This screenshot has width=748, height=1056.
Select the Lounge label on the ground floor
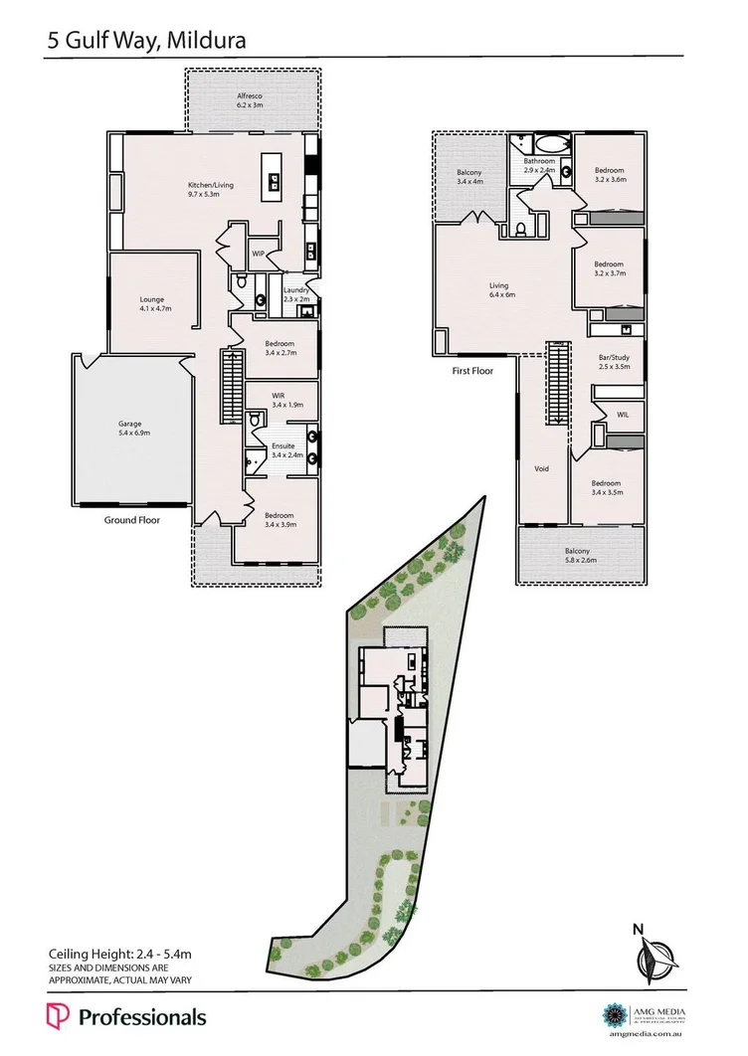tap(152, 299)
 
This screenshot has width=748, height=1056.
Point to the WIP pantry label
tap(258, 255)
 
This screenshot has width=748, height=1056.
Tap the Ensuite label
tap(283, 446)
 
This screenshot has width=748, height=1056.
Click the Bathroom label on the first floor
tap(540, 161)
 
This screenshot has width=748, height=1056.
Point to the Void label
tap(542, 468)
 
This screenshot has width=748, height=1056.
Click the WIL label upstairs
tap(623, 415)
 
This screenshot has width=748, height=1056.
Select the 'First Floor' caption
tap(472, 371)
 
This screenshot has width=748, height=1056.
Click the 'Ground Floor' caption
tap(132, 519)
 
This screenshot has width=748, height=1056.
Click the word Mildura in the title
tap(204, 41)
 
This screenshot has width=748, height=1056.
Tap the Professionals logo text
tap(142, 1017)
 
